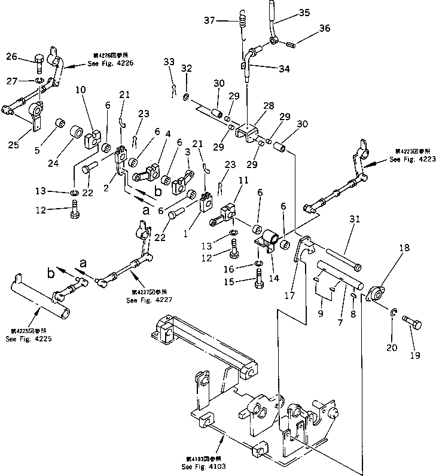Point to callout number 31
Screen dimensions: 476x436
coord(354,220)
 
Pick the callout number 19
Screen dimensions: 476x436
coord(415,355)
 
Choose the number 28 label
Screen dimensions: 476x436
coord(269,105)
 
